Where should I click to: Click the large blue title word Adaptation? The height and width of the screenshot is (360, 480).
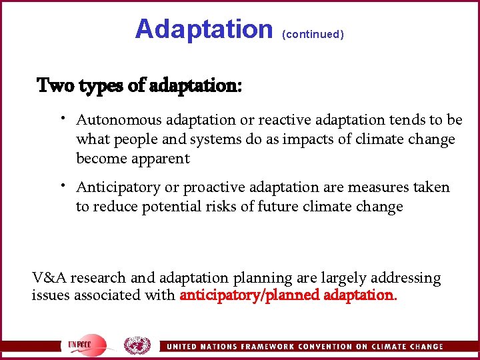point(203,29)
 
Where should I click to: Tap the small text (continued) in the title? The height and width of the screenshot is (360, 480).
point(313,34)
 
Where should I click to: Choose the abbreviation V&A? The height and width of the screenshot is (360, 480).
point(49,277)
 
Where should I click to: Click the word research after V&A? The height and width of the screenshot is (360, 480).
point(97,277)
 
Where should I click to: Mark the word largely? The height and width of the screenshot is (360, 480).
point(340,277)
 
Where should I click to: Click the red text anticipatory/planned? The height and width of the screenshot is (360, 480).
point(249,295)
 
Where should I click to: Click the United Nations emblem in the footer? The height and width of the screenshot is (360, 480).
point(137,345)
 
